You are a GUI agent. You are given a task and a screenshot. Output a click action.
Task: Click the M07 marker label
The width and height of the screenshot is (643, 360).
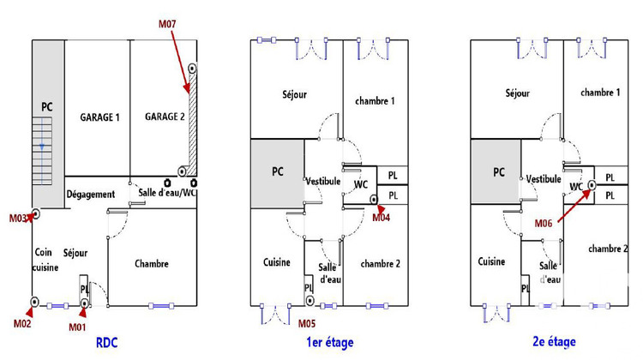[x=167, y=27]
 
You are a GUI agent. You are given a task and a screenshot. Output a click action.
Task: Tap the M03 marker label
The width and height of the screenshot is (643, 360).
[x=21, y=219]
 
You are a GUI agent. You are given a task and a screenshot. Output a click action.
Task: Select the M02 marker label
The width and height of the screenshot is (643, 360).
[x=22, y=323]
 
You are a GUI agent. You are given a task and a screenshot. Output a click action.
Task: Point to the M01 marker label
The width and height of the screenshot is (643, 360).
[x=79, y=326]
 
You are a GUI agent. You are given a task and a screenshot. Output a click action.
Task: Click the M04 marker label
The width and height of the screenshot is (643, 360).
[x=382, y=218]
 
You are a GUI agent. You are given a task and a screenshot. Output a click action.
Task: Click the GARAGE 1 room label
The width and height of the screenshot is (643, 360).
[x=100, y=117]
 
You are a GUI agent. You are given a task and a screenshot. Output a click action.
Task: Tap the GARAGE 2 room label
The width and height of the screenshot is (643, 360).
[x=165, y=117]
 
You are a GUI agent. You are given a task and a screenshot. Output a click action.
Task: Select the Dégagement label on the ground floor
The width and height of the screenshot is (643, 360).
[x=91, y=195]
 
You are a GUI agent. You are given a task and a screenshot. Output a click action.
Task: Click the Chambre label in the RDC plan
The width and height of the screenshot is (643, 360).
[x=152, y=264]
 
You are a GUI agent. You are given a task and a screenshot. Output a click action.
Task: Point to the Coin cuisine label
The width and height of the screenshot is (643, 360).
[x=45, y=260]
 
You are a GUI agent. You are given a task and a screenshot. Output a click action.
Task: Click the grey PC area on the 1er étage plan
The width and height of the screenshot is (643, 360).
[x=277, y=173]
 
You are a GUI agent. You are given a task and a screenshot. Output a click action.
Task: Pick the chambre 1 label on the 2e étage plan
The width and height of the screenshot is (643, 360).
[x=600, y=92]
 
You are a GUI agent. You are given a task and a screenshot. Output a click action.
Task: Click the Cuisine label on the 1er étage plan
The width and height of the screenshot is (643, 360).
[x=277, y=262]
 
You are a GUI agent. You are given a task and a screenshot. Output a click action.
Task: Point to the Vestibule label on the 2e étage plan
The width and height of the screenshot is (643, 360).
[x=544, y=178]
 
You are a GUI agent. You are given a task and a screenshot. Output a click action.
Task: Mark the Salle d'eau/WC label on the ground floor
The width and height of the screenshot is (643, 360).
[x=168, y=195]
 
